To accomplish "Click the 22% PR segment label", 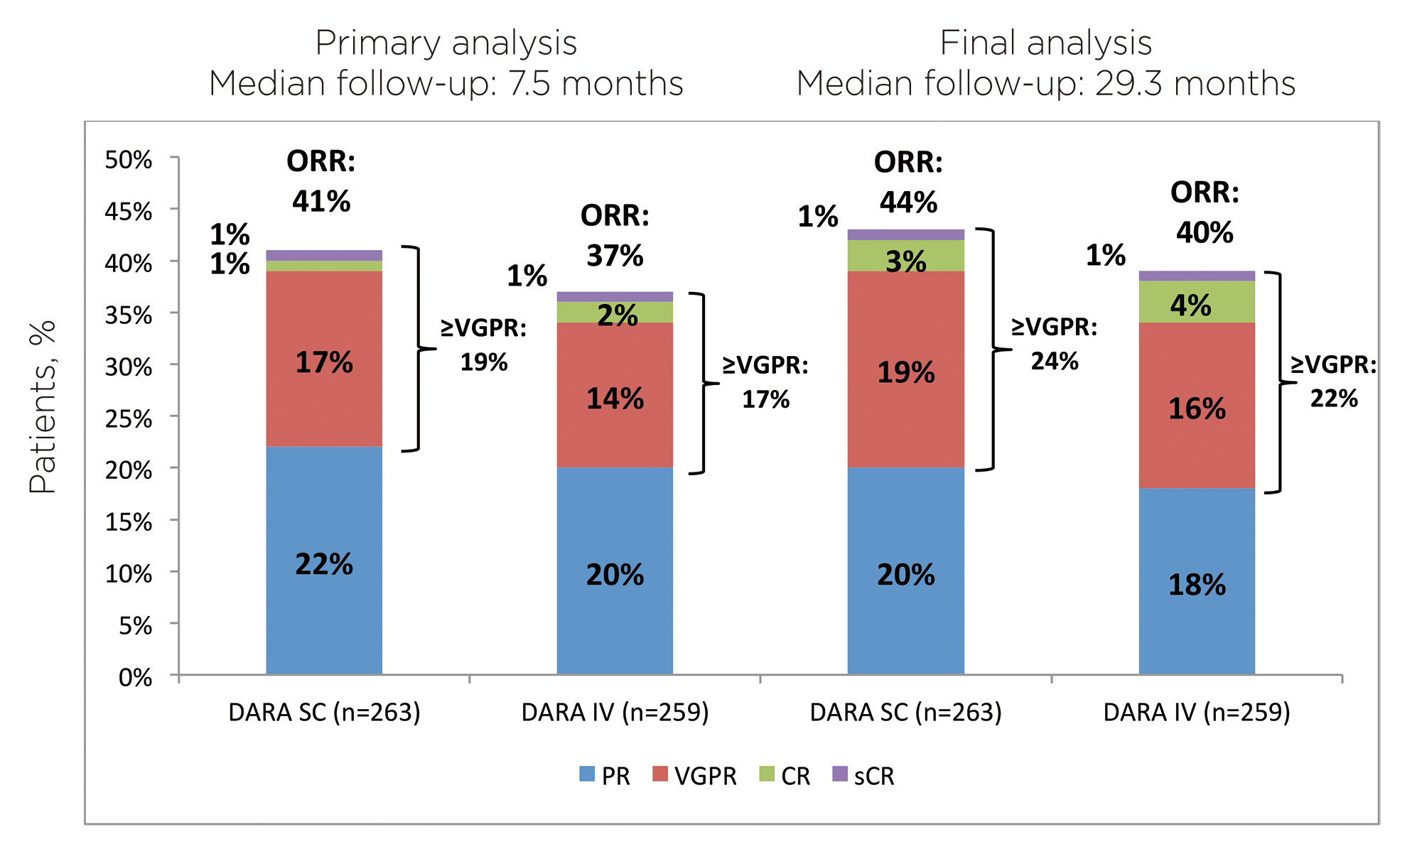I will pos(324,565).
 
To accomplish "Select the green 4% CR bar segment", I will pos(1197,302).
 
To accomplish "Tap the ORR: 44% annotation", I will pos(908,183).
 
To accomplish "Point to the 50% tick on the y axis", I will pos(129,160).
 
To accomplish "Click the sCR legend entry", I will pos(863,776).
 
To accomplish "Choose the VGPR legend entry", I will pos(694,776).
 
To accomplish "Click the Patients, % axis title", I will pos(42,407).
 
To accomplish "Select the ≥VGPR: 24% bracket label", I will pos(1055,344).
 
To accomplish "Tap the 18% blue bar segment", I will pos(1197,581).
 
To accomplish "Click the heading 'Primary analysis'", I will pos(446,43).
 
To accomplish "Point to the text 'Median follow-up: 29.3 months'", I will pos(1045,83).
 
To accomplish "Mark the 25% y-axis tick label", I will pos(129,418).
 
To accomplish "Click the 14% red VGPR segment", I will pos(615,395).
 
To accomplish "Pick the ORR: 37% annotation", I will pos(615,235).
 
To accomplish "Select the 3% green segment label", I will pos(906,262).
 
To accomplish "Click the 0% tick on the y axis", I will pos(135,677).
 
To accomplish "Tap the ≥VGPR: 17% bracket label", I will pos(765,382).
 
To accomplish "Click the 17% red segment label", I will pos(324,363).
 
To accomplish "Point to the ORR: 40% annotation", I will pos(1205,212).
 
